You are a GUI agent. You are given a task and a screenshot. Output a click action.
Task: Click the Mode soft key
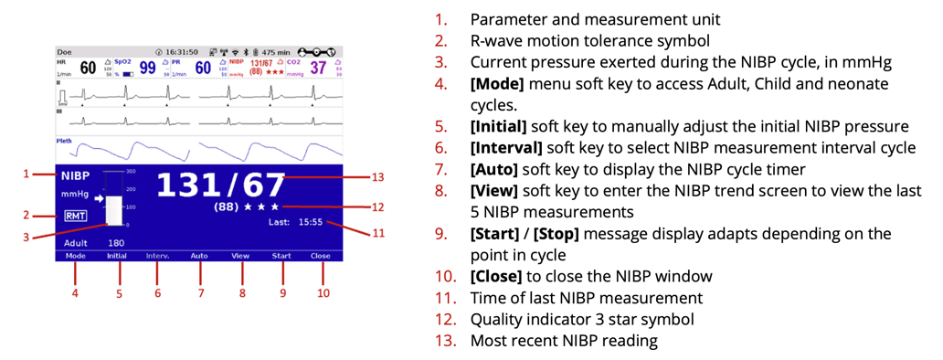pos(75,257)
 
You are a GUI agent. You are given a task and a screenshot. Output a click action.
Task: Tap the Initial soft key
pos(116,257)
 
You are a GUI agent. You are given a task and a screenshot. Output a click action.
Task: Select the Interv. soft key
pos(158,257)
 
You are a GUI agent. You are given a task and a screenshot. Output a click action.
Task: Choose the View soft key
pos(240,257)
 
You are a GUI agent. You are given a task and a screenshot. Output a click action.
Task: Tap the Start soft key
pos(281,257)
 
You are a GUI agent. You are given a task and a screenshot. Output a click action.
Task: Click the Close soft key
pos(321,257)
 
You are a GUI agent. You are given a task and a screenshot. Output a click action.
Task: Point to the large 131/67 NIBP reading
pos(220,185)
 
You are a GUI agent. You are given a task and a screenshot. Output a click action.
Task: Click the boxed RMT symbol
pos(75,216)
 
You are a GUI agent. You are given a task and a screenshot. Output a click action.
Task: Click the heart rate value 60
pos(88,68)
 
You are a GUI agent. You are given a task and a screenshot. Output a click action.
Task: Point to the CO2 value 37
pos(318,68)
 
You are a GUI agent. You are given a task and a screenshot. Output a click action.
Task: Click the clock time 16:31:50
pos(183,52)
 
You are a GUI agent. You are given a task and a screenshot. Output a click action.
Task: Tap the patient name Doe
pos(64,52)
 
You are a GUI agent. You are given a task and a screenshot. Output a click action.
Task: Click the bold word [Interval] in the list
pos(501,147)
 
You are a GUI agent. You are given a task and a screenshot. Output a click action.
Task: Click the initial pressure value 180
pos(116,244)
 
